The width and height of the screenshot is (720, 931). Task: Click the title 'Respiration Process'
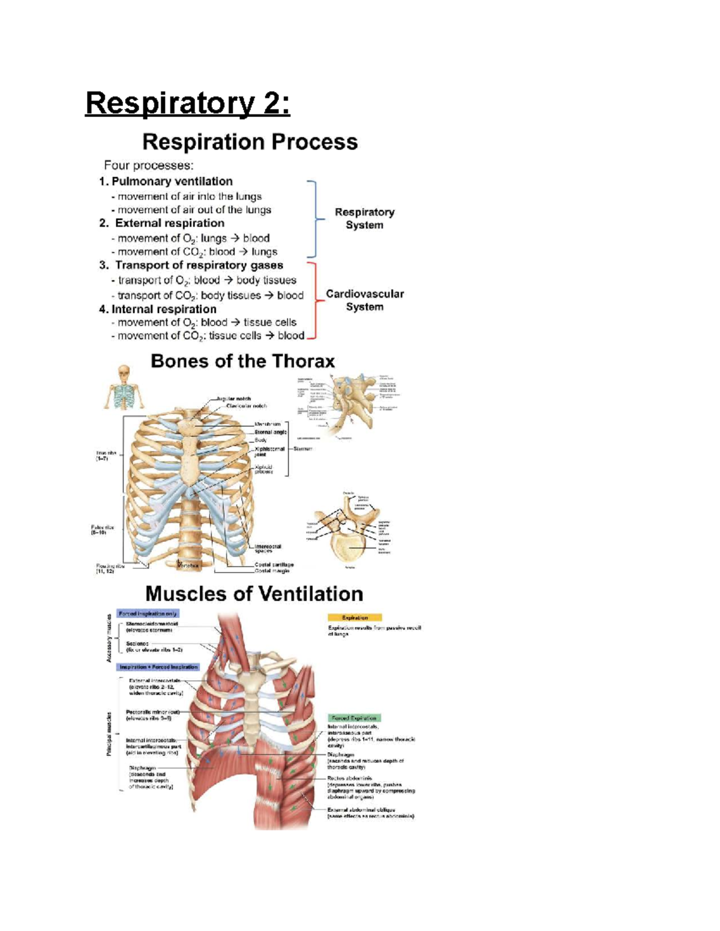(250, 142)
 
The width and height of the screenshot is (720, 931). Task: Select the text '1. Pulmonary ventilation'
(166, 181)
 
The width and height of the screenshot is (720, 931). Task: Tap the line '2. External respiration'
(162, 223)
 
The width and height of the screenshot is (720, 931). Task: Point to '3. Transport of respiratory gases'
(191, 265)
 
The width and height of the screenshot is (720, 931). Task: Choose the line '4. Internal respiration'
(158, 309)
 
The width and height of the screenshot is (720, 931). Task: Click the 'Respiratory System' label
(364, 218)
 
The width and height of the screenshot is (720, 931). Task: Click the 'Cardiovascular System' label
(364, 300)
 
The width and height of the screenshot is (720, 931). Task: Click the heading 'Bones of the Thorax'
(242, 361)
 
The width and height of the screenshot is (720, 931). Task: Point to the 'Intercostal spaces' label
(268, 549)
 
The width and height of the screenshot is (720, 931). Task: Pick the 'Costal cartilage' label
(274, 565)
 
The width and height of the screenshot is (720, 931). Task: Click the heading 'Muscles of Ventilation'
(254, 593)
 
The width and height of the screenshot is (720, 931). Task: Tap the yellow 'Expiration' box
(355, 617)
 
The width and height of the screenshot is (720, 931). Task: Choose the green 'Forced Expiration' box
(354, 718)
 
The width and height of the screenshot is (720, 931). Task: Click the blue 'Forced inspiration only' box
(148, 614)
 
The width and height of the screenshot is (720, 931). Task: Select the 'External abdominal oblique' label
(361, 810)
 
